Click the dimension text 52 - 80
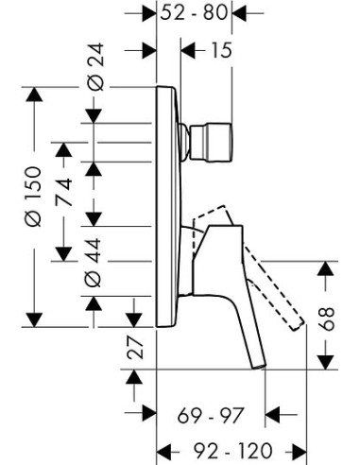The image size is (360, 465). [194, 13]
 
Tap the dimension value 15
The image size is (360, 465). [221, 50]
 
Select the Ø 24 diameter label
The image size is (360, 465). [95, 67]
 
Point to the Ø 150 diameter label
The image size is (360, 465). [33, 197]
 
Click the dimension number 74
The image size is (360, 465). [64, 192]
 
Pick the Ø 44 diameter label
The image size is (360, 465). [94, 263]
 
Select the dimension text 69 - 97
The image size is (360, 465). [211, 416]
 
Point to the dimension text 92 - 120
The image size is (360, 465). [232, 451]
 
